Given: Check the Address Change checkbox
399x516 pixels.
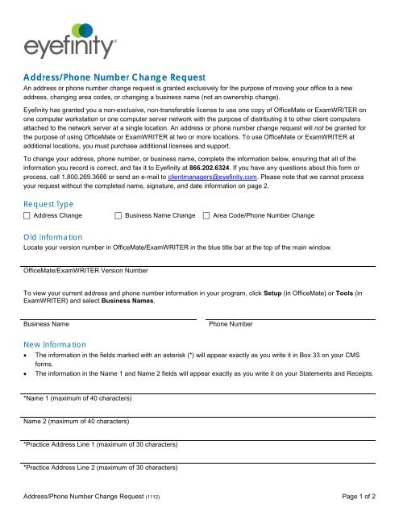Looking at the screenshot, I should click(28, 216).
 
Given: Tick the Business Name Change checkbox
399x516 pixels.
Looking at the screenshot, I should click(118, 216).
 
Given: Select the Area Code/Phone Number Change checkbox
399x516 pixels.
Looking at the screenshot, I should click(208, 216).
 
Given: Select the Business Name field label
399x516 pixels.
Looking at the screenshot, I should click(46, 324).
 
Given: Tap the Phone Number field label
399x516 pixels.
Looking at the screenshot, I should click(231, 324).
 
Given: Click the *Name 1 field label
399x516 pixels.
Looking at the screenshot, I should click(67, 399).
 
